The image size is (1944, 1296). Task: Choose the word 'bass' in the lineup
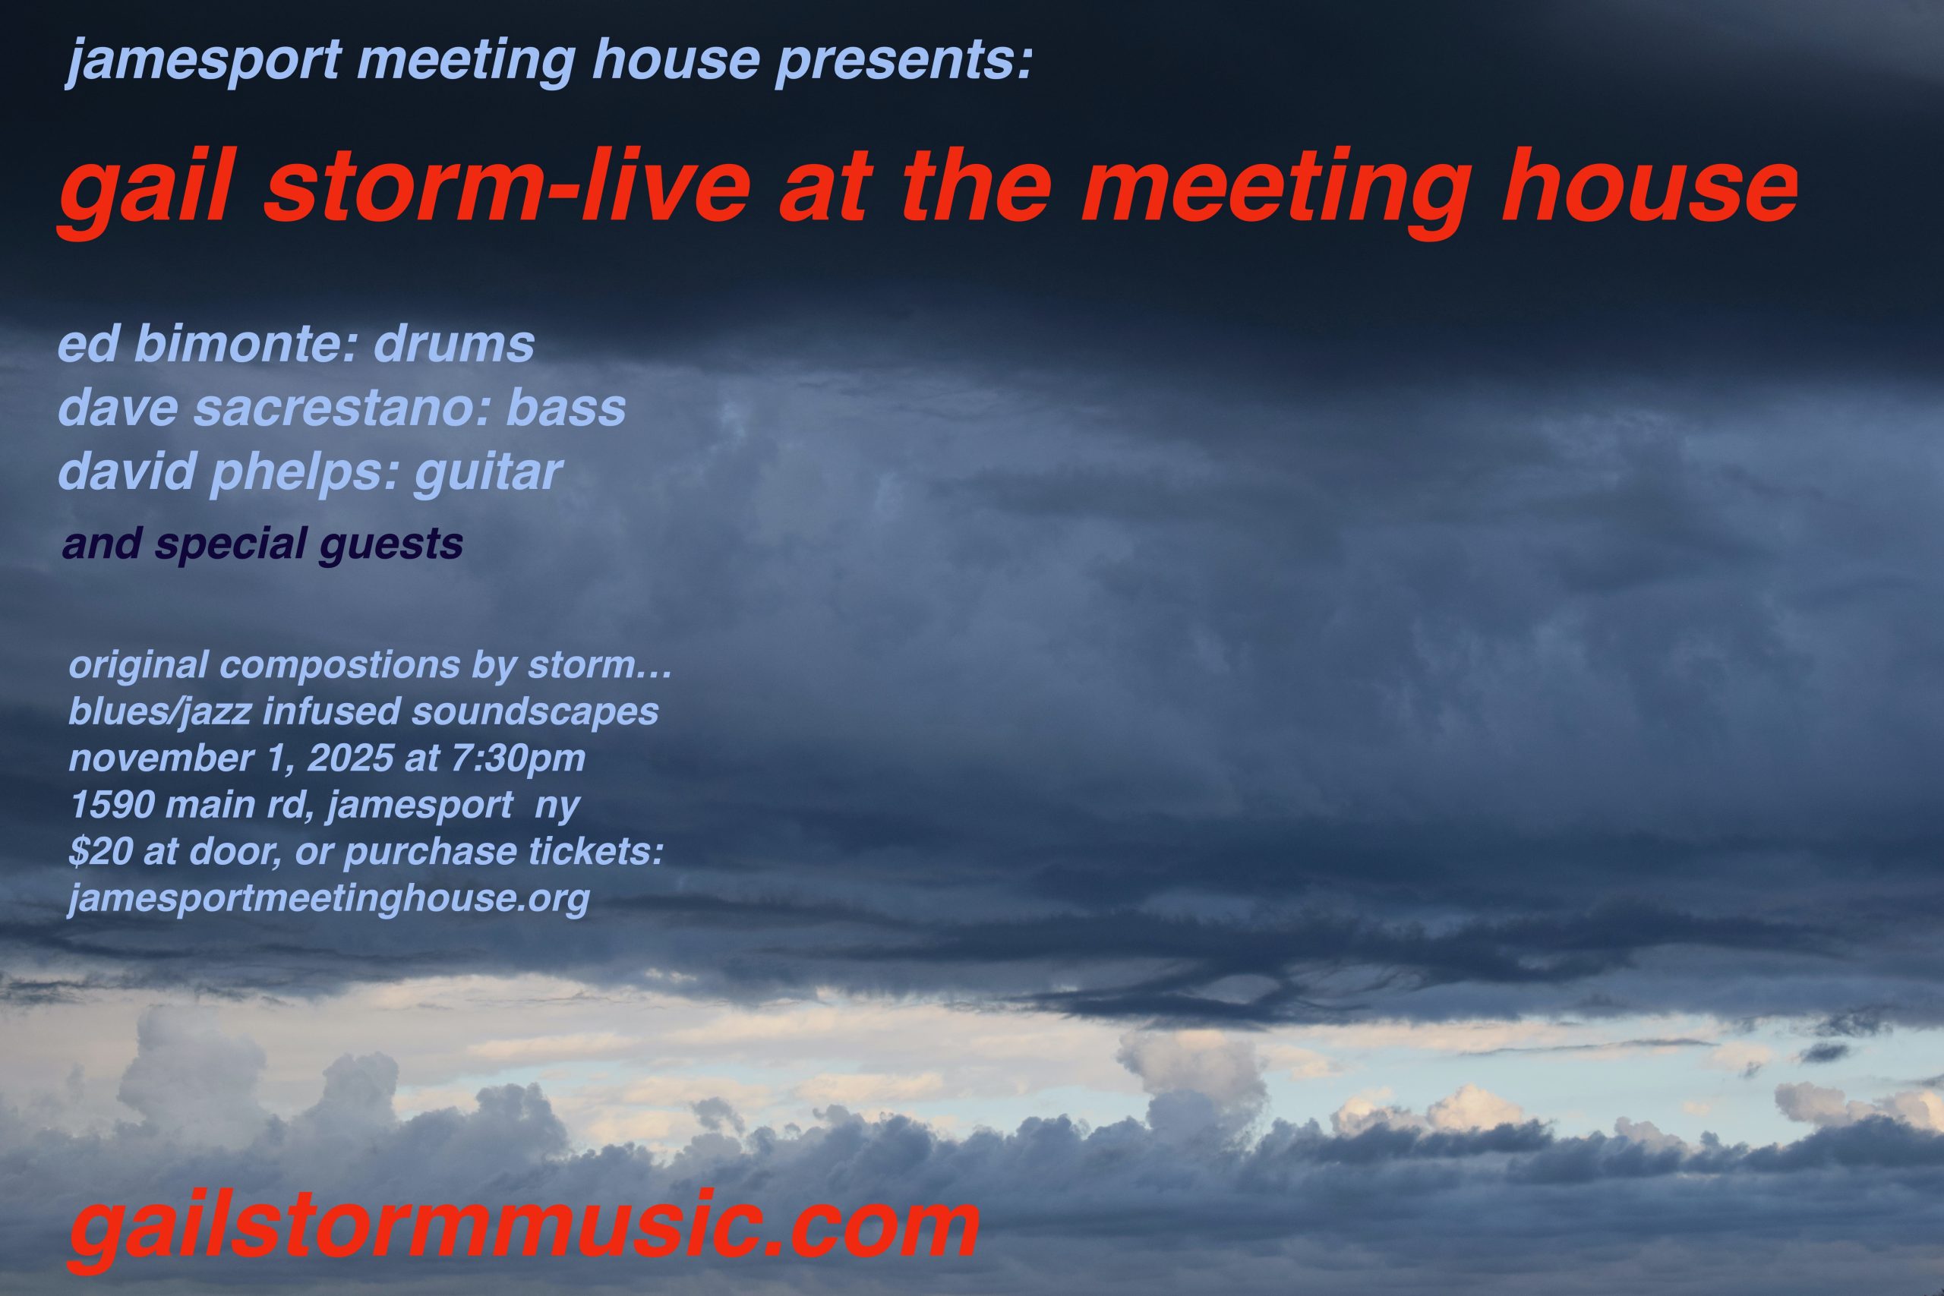[x=566, y=408]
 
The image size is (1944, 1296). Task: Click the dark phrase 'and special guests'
[x=262, y=544]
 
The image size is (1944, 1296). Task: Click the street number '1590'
[x=111, y=805]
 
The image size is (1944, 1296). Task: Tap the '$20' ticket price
[x=100, y=852]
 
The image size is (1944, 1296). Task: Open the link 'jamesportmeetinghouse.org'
[x=329, y=899]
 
